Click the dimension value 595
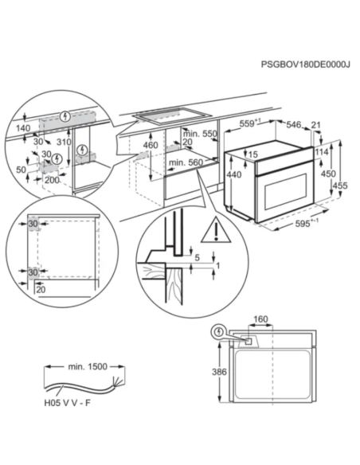(x=302, y=223)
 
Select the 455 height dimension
(x=339, y=186)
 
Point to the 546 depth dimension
(x=294, y=124)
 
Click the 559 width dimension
(x=247, y=123)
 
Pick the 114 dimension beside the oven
(x=322, y=152)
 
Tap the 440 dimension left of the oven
(x=234, y=174)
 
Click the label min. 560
(x=186, y=162)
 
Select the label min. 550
(x=200, y=134)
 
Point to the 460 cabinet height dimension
(x=151, y=145)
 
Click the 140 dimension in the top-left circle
(x=23, y=128)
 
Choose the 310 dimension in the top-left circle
(x=64, y=142)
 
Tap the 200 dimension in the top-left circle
(x=52, y=180)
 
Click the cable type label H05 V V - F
(x=67, y=403)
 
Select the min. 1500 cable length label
(x=88, y=366)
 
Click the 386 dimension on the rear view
(x=219, y=372)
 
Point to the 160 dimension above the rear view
(x=260, y=319)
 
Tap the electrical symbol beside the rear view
(x=219, y=332)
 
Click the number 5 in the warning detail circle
(x=198, y=258)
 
